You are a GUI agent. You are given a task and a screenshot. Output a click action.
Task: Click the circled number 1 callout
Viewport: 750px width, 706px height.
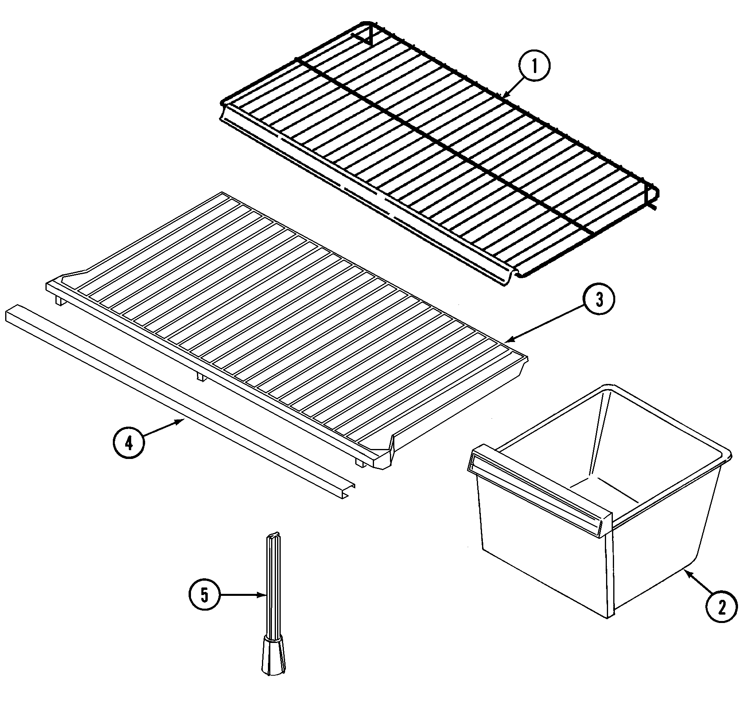pyautogui.click(x=534, y=67)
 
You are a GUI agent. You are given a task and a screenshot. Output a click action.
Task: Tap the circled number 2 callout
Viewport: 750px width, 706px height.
pyautogui.click(x=721, y=607)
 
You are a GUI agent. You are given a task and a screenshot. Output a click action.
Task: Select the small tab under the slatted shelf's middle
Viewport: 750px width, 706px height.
pyautogui.click(x=201, y=376)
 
